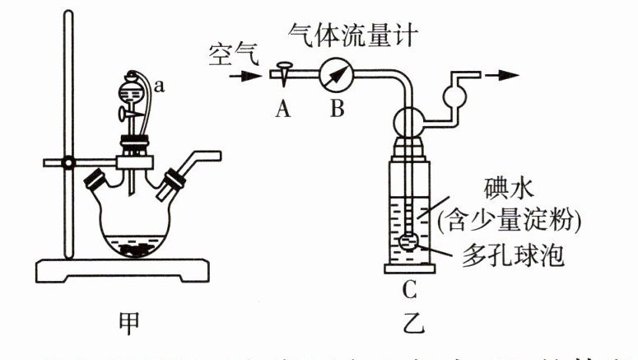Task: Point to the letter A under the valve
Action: click(x=284, y=109)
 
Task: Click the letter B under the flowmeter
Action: click(x=338, y=109)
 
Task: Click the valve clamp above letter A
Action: click(x=284, y=72)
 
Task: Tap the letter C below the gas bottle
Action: click(x=409, y=289)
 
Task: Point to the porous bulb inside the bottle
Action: click(x=410, y=241)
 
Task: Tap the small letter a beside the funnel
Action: click(x=159, y=85)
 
